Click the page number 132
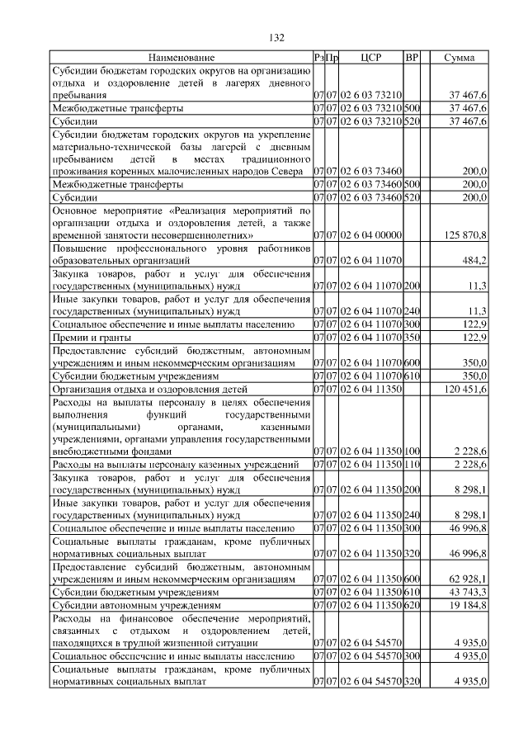(x=276, y=37)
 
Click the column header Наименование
(x=181, y=58)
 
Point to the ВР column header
(x=412, y=58)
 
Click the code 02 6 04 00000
(x=370, y=235)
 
